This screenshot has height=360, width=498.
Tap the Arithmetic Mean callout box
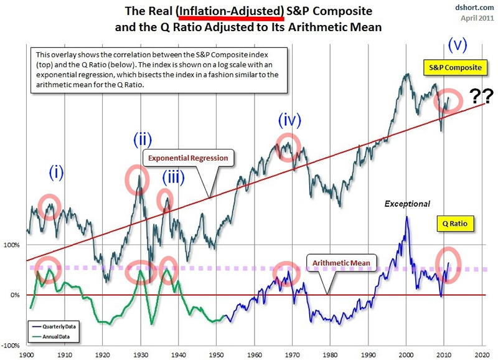click(339, 263)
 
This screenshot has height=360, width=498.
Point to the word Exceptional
click(407, 204)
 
